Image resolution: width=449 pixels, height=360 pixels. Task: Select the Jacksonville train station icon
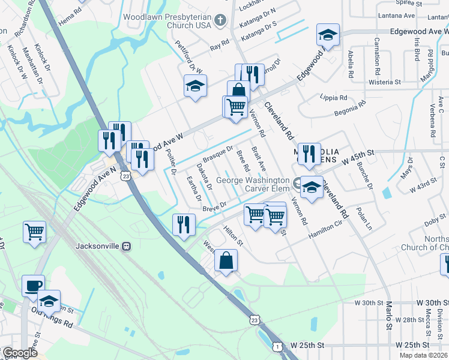[x=126, y=246]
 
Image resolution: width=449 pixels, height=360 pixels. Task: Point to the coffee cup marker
[x=33, y=286]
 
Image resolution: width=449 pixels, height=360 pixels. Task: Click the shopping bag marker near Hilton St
[x=226, y=261]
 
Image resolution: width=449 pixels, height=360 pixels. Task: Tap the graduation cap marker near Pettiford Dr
[x=196, y=86]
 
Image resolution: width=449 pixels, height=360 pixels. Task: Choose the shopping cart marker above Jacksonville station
[x=35, y=232]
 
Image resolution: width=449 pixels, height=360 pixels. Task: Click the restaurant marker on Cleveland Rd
[x=309, y=154]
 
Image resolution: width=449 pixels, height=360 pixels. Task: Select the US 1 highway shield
[x=277, y=346]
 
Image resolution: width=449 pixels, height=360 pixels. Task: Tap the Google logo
[x=20, y=353]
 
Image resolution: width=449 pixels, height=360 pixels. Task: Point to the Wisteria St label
[x=385, y=82]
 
